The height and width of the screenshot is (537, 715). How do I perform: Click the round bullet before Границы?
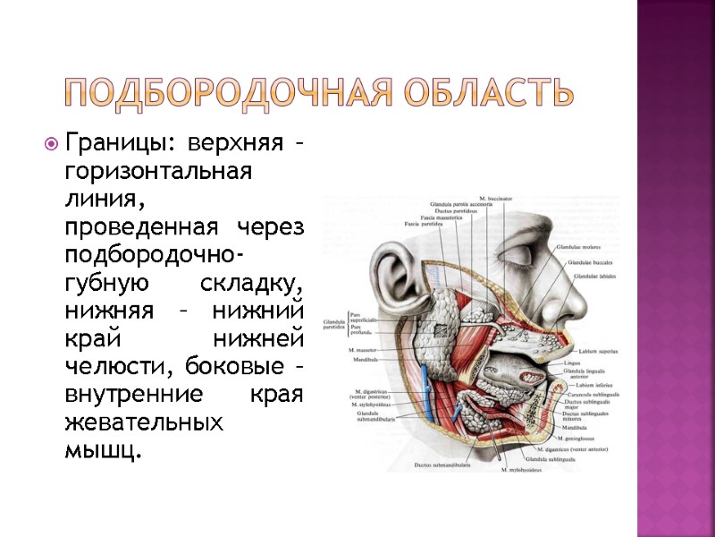(x=51, y=143)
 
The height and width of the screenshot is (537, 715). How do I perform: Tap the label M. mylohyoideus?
(x=523, y=469)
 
